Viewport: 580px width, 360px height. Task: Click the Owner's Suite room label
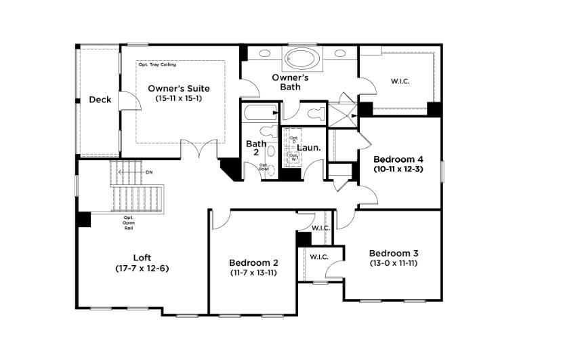179,88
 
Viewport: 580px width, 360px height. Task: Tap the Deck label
100,100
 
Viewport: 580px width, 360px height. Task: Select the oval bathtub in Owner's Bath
299,58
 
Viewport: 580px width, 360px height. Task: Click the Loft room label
142,258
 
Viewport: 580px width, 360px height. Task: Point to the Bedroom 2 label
253,262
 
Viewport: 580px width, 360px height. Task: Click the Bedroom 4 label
398,159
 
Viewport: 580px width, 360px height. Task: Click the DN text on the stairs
149,172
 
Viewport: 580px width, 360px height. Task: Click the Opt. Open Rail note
128,223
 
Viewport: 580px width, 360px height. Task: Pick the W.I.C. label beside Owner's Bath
400,81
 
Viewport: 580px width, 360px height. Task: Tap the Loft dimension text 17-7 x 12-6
142,268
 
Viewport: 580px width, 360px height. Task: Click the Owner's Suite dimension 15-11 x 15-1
179,99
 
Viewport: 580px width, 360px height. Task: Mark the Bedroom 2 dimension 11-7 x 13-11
253,273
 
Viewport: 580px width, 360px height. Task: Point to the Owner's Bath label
291,82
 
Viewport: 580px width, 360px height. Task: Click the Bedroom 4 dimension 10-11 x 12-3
398,169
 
